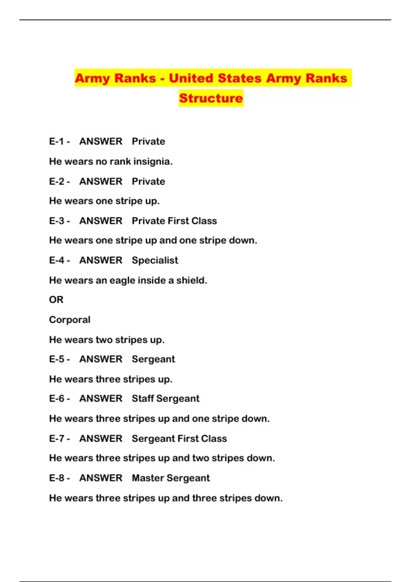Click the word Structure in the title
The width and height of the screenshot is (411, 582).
(x=211, y=98)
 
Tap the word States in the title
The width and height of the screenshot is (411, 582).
(x=240, y=78)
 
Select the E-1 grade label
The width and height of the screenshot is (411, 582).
(x=57, y=141)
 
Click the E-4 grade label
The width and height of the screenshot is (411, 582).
(x=57, y=261)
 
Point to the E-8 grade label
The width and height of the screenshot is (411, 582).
(x=57, y=478)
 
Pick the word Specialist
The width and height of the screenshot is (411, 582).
(x=155, y=261)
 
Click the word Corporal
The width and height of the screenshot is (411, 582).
(x=70, y=320)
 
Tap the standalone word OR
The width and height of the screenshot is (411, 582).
(x=56, y=300)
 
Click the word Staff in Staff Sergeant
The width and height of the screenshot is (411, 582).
(x=142, y=398)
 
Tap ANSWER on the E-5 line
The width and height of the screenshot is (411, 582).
(x=101, y=359)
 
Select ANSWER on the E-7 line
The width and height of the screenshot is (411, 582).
(x=101, y=439)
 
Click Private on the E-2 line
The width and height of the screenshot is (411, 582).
(x=148, y=181)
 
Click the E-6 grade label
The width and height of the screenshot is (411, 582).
(x=57, y=398)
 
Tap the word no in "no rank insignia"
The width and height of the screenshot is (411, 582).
(x=102, y=162)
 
